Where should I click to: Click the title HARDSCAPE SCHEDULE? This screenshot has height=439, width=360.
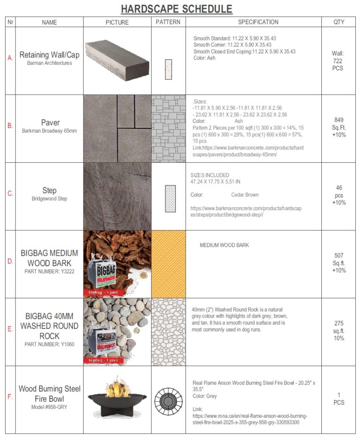(x=177, y=9)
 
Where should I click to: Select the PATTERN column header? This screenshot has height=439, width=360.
(x=168, y=22)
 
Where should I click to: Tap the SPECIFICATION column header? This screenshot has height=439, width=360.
(x=258, y=22)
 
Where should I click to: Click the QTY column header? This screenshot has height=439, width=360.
(x=339, y=22)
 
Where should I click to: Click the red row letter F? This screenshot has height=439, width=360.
(x=10, y=397)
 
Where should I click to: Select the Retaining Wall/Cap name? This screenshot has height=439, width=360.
(x=49, y=55)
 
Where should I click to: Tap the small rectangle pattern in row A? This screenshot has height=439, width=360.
(x=168, y=69)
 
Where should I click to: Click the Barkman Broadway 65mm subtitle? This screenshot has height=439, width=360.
(x=49, y=131)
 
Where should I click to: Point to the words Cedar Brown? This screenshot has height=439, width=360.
(x=245, y=195)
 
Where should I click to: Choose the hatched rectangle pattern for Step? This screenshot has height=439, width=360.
(x=171, y=199)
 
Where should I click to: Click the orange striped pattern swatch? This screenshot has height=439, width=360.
(x=168, y=264)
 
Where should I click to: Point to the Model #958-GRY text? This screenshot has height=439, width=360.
(x=49, y=407)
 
